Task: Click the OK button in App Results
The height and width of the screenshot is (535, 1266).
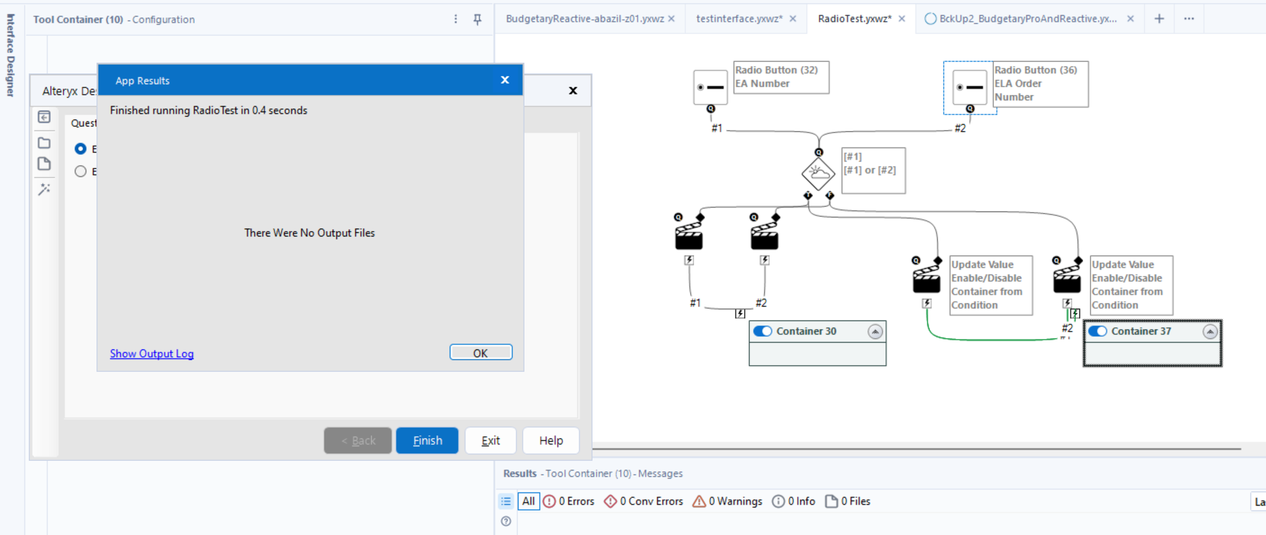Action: click(x=480, y=353)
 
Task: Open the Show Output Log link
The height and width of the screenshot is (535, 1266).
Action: click(x=151, y=353)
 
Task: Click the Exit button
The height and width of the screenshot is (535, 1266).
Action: click(x=490, y=440)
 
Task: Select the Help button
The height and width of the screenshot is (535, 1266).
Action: click(x=550, y=440)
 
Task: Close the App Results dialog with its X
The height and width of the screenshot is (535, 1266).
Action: click(x=505, y=80)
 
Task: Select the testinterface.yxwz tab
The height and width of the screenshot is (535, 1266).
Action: click(x=738, y=19)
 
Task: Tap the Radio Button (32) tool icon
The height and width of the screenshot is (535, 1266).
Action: click(x=710, y=87)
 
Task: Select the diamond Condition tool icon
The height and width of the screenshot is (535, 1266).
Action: click(x=818, y=173)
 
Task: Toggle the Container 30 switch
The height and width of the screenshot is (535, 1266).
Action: click(x=762, y=331)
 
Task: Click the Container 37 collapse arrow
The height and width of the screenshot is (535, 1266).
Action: click(x=1209, y=332)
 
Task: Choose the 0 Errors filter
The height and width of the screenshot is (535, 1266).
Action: click(x=569, y=501)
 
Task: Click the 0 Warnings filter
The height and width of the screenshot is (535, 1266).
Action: click(x=727, y=501)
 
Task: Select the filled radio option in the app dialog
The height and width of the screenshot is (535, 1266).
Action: click(x=80, y=148)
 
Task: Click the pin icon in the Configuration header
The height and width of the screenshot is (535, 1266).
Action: click(x=477, y=19)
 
